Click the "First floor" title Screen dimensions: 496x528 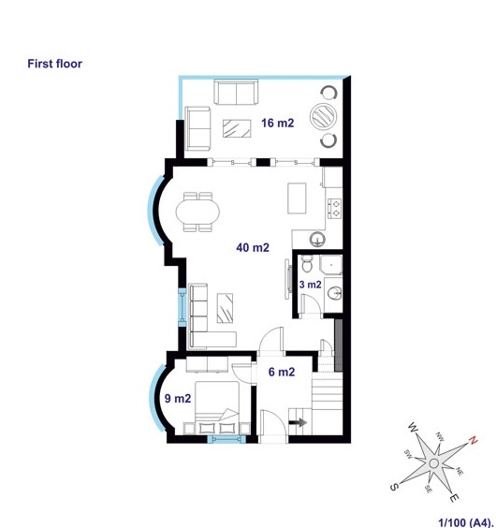pyautogui.click(x=54, y=64)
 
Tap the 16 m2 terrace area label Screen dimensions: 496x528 pyautogui.click(x=277, y=123)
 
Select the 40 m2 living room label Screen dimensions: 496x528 pyautogui.click(x=253, y=247)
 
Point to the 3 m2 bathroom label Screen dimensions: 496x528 pyautogui.click(x=310, y=285)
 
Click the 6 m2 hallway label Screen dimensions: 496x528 pyautogui.click(x=282, y=372)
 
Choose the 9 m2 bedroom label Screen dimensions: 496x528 pyautogui.click(x=178, y=399)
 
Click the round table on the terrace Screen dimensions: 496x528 pyautogui.click(x=323, y=116)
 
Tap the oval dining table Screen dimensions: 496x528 pyautogui.click(x=197, y=212)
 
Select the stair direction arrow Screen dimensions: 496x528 pyautogui.click(x=298, y=422)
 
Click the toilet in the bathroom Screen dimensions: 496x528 pyautogui.click(x=307, y=263)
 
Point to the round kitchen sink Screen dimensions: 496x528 pyautogui.click(x=317, y=239)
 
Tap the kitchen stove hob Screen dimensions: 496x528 pyautogui.click(x=335, y=209)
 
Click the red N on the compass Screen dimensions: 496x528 pyautogui.click(x=474, y=440)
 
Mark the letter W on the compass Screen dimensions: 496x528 pyautogui.click(x=413, y=428)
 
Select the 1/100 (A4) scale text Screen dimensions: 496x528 pyautogui.click(x=466, y=522)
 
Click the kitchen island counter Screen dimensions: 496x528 pyautogui.click(x=297, y=198)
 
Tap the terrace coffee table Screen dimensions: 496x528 pyautogui.click(x=237, y=128)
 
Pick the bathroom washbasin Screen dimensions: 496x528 pyautogui.click(x=334, y=293)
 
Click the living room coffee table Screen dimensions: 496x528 pyautogui.click(x=225, y=308)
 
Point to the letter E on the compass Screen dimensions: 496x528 pyautogui.click(x=455, y=497)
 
